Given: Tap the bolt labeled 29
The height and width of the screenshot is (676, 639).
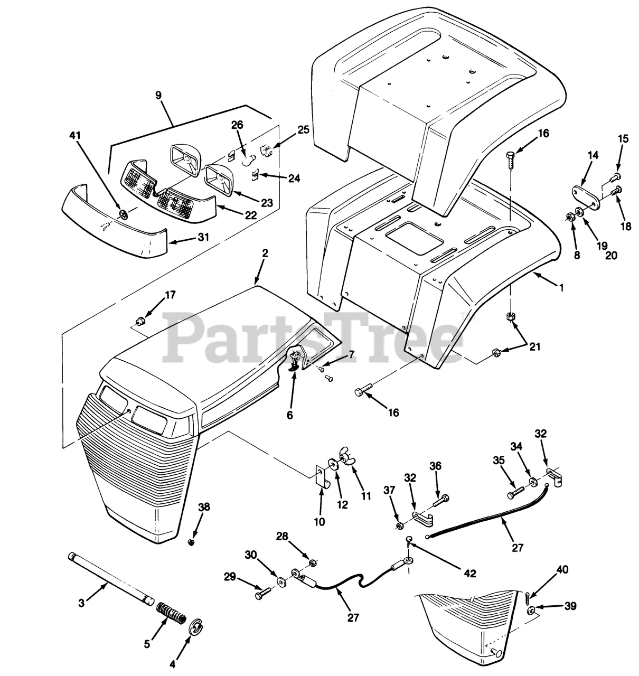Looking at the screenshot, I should pyautogui.click(x=261, y=595).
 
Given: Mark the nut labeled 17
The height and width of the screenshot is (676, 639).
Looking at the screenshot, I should pyautogui.click(x=140, y=321).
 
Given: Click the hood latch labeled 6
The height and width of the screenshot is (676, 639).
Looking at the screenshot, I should pyautogui.click(x=294, y=362).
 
